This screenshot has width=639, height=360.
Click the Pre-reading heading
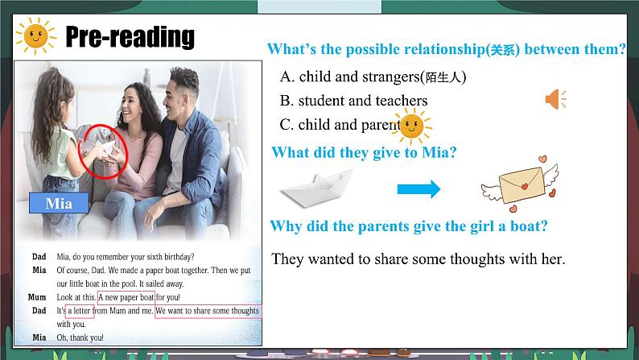tap(130, 37)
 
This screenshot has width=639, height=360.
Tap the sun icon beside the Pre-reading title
tap(35, 36)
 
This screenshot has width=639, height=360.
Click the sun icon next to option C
tap(411, 126)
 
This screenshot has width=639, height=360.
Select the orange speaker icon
tap(555, 100)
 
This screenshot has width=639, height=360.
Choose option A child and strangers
tap(373, 77)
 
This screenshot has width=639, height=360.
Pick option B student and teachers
tap(354, 101)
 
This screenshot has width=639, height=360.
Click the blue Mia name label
tap(59, 203)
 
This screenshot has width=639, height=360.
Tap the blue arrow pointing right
tap(418, 189)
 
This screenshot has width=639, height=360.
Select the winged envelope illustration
tap(521, 184)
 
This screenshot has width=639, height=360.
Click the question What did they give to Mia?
tap(364, 152)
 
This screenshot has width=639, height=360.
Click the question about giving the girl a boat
tap(409, 226)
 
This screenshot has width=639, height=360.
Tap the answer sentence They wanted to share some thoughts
tap(418, 259)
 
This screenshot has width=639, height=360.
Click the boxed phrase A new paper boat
tap(126, 297)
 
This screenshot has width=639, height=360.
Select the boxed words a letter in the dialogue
tap(80, 311)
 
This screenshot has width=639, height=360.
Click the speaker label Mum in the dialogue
tap(37, 297)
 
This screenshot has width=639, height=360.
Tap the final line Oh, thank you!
tap(80, 337)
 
